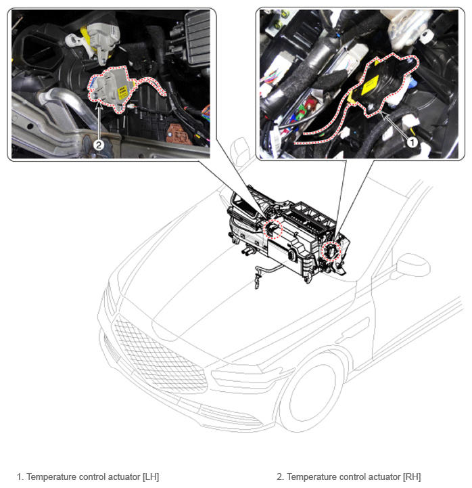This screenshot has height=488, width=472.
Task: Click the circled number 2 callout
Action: click(x=99, y=145)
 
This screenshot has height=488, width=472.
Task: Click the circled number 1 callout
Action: click(x=412, y=143)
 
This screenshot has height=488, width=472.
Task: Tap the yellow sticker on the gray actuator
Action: click(x=122, y=93)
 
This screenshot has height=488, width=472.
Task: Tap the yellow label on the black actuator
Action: click(x=370, y=85)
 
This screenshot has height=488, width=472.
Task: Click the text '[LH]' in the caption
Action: click(x=151, y=476)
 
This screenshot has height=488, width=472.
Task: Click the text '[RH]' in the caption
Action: click(x=412, y=476)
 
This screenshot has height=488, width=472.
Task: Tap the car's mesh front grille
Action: click(x=159, y=355)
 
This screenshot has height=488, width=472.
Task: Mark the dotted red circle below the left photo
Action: click(x=273, y=229)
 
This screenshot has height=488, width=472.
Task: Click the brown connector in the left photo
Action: click(x=179, y=135)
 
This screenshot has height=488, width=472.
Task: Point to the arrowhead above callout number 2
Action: click(x=99, y=105)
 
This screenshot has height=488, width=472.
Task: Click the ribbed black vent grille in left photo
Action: click(x=197, y=37)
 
